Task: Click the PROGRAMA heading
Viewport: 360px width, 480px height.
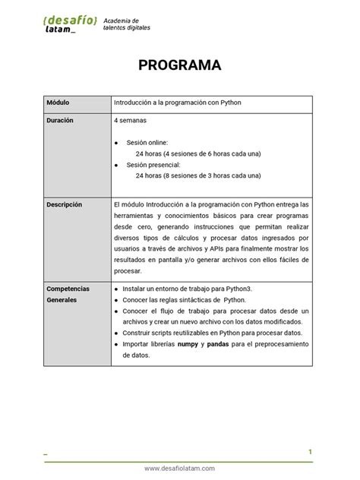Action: coord(179,65)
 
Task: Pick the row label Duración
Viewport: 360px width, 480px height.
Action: coord(61,120)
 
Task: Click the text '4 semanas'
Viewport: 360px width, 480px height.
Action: coord(131,120)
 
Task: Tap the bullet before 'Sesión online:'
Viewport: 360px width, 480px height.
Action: coord(115,143)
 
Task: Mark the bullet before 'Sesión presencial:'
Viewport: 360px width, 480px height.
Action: coord(115,164)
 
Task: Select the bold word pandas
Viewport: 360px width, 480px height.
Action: coord(223,344)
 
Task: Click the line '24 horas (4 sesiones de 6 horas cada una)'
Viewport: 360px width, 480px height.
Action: coord(197,153)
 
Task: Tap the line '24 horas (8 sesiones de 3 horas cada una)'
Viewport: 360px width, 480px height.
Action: coord(197,175)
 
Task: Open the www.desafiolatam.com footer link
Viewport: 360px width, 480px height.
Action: coord(179,469)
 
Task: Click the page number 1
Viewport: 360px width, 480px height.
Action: coord(310,452)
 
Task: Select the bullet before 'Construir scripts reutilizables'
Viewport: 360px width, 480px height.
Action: coord(115,333)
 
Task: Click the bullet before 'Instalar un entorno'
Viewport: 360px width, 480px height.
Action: coord(115,289)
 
